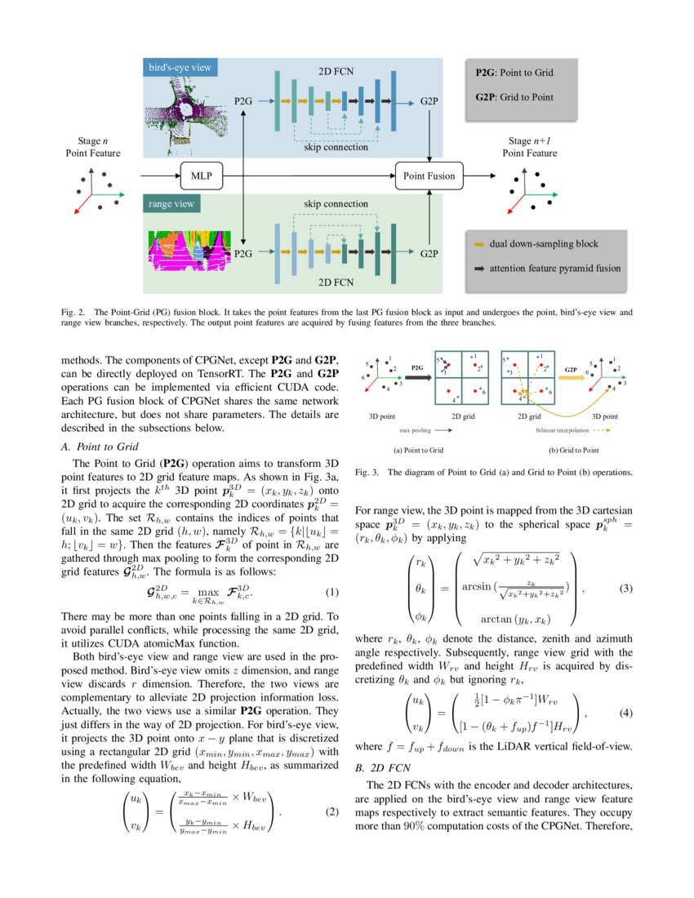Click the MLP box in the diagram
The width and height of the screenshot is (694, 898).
(201, 176)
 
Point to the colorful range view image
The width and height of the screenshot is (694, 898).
(186, 250)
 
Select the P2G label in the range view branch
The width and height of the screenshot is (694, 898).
(243, 255)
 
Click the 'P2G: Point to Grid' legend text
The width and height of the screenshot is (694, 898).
(514, 73)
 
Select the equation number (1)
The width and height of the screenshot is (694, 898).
(331, 591)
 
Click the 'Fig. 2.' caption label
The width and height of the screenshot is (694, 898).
(73, 312)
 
